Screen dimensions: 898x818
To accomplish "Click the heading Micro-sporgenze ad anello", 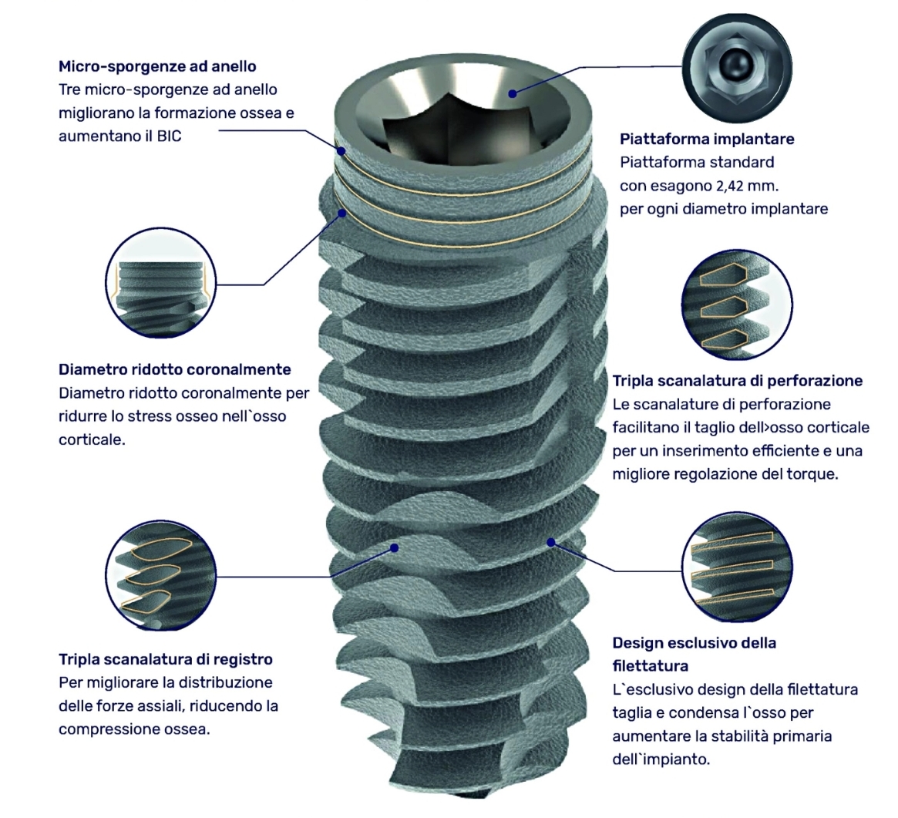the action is pyautogui.click(x=157, y=66).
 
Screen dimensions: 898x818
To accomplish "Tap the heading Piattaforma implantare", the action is pyautogui.click(x=707, y=140).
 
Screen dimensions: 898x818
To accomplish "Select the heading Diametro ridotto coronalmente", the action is pyautogui.click(x=175, y=369).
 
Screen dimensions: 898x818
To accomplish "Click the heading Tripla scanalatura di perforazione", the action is pyautogui.click(x=738, y=381).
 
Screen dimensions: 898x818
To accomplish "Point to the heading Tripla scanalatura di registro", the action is pyautogui.click(x=166, y=659).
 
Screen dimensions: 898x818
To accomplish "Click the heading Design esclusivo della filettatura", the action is pyautogui.click(x=694, y=655).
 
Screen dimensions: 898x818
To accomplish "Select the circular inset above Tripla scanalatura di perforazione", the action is pyautogui.click(x=738, y=305).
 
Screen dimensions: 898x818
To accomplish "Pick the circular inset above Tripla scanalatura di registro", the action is pyautogui.click(x=161, y=574).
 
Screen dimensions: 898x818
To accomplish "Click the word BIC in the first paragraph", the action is pyautogui.click(x=169, y=137).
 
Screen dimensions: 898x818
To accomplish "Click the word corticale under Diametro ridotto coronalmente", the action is pyautogui.click(x=92, y=440).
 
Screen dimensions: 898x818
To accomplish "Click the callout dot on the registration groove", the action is pyautogui.click(x=394, y=547).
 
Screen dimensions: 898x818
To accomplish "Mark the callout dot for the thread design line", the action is pyautogui.click(x=551, y=541).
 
